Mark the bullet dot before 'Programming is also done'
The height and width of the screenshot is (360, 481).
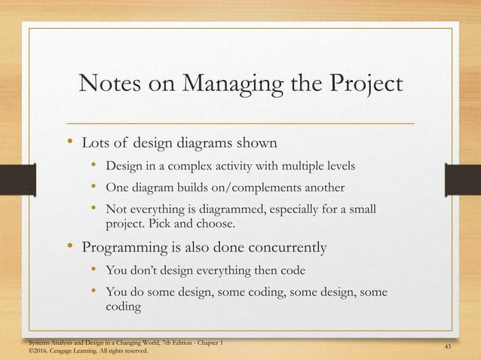[x=69, y=245]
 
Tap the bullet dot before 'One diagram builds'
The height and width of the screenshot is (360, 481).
[x=92, y=186]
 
